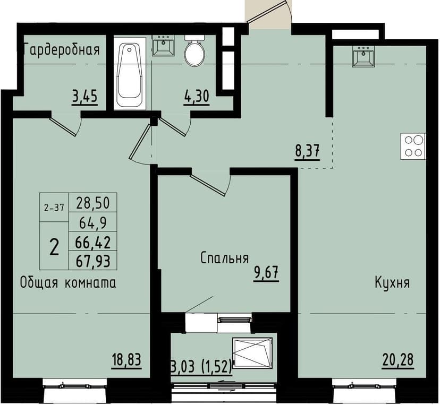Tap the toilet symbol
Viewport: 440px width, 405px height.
coord(194,51)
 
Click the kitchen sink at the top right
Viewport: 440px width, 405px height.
coord(365,56)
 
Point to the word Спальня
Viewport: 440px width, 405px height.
coord(225,258)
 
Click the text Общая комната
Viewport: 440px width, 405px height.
coord(67,282)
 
